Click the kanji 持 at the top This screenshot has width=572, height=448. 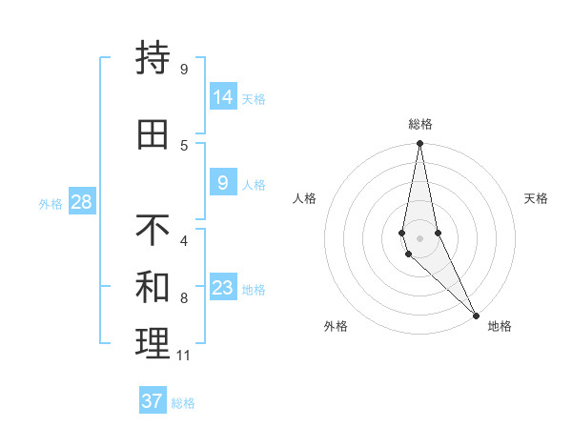tap(153, 58)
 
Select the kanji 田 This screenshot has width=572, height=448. tap(153, 134)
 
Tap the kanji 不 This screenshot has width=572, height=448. tap(153, 230)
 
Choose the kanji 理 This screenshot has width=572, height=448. tap(153, 344)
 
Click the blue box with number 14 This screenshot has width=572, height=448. tap(223, 97)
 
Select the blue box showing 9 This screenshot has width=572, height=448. tap(223, 183)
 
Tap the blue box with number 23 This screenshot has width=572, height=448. tap(223, 288)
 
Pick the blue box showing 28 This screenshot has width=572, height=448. tap(81, 202)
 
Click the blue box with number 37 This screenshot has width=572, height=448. tap(153, 401)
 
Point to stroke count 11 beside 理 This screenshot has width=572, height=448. tap(183, 356)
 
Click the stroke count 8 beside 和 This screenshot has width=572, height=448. tap(183, 298)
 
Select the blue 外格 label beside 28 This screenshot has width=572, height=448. tap(51, 204)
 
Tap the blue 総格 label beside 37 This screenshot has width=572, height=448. tap(183, 403)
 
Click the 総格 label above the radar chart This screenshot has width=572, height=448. tap(420, 124)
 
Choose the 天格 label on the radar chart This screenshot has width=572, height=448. tap(537, 198)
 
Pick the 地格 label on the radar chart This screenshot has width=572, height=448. tap(500, 326)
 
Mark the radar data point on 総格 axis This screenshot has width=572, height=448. tap(420, 144)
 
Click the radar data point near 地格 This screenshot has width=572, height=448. tap(476, 315)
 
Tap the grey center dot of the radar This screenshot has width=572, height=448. tap(420, 238)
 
